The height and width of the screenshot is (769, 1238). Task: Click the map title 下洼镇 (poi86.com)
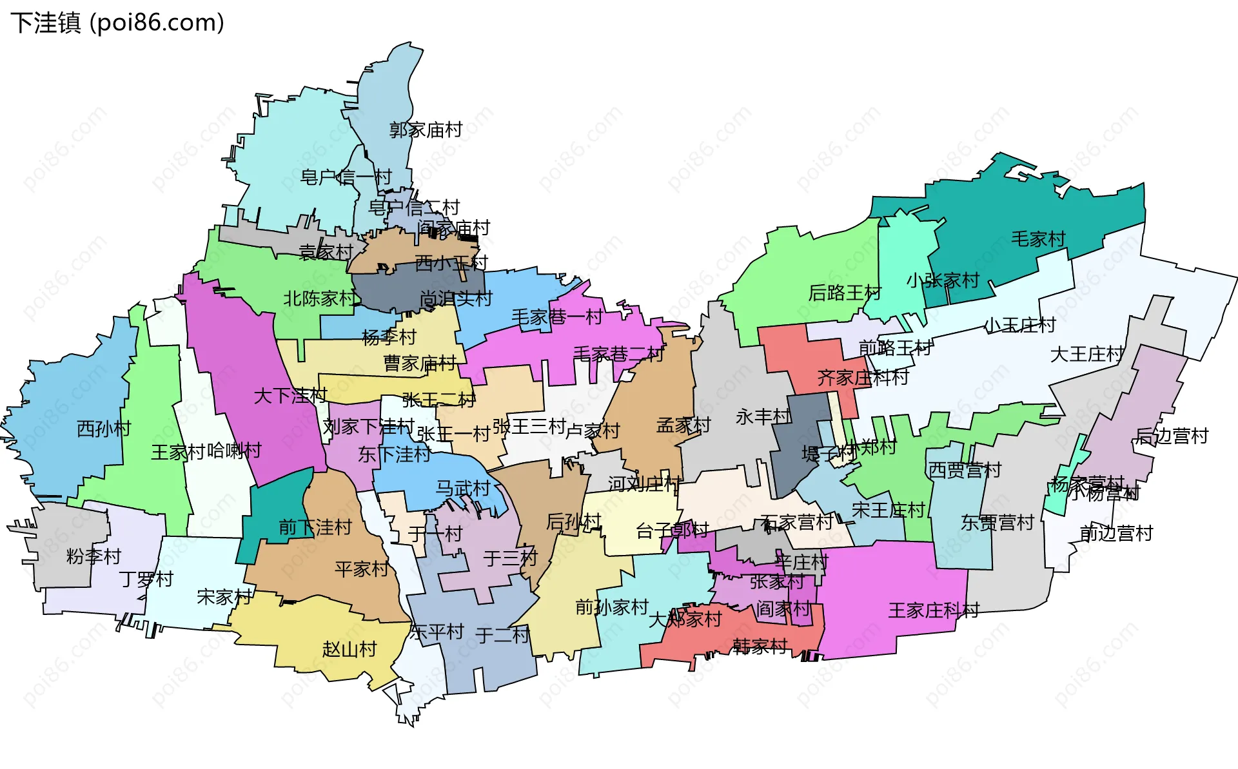click(117, 23)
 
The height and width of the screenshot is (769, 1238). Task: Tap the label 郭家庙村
click(426, 130)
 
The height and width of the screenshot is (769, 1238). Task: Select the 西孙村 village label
click(104, 429)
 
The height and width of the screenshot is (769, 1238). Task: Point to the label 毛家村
click(1037, 239)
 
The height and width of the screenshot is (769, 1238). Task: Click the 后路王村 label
click(845, 293)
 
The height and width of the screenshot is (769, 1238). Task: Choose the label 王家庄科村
click(934, 610)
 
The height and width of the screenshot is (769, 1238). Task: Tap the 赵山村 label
click(349, 648)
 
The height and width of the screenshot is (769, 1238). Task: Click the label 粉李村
click(94, 556)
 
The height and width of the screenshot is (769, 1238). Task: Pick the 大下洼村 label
click(290, 395)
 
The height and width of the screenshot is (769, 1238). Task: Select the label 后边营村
click(1172, 436)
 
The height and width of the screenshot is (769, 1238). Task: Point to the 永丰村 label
click(763, 417)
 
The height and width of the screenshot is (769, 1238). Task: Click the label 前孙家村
click(611, 607)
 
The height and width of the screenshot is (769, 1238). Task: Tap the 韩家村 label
click(760, 645)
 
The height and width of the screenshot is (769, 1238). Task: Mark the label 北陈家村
click(320, 298)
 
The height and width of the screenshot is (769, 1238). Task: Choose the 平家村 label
click(362, 569)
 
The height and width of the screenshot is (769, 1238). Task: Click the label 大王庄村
click(1087, 354)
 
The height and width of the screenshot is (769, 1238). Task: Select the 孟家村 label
click(683, 425)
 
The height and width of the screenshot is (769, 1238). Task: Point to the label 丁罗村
click(146, 579)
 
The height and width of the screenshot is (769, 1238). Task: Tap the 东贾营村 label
click(997, 522)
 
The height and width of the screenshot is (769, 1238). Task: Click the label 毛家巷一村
click(557, 317)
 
